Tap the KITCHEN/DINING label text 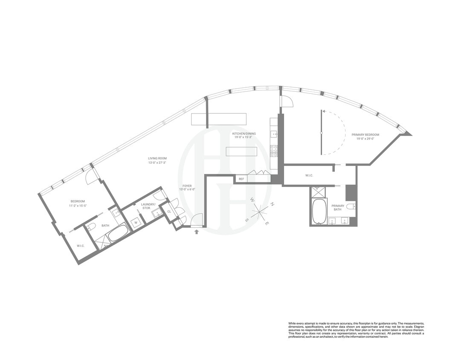click(242, 134)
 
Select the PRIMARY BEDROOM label click(365, 135)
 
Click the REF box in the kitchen click(241, 179)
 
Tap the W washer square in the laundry click(136, 222)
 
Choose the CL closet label click(169, 212)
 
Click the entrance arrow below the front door click(196, 232)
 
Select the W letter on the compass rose click(253, 200)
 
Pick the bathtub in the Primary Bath click(319, 211)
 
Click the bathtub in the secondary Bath click(118, 233)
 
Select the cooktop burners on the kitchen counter click(273, 151)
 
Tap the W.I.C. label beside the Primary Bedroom click(310, 175)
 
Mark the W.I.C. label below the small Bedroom click(81, 246)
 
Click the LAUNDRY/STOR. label click(149, 206)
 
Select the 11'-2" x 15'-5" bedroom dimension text click(78, 206)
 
